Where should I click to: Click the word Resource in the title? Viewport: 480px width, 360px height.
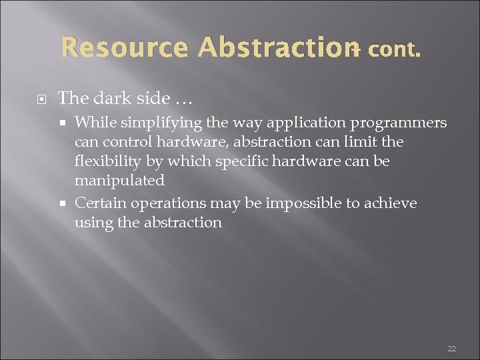point(126,48)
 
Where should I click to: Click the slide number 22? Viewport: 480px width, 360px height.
point(451,349)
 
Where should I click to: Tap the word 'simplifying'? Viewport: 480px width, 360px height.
point(154,123)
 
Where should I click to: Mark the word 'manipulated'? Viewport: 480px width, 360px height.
point(119,181)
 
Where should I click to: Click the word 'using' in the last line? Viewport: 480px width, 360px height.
point(93,222)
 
